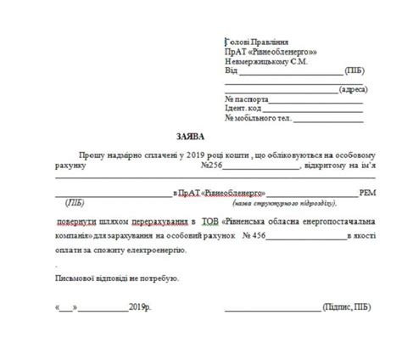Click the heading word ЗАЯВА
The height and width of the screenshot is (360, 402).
click(190, 135)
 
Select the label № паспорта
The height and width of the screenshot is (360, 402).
click(247, 99)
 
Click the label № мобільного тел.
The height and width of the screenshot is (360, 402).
click(259, 119)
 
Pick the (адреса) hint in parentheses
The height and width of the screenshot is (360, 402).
click(351, 89)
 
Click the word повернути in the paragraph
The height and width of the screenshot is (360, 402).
click(82, 221)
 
